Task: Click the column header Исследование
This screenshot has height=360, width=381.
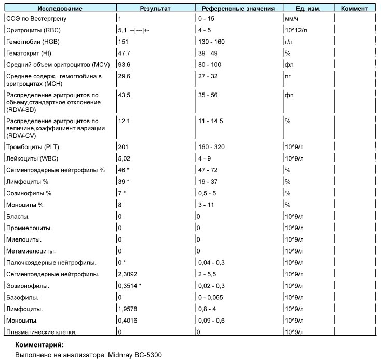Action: coord(60,9)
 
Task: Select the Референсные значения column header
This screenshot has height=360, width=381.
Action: coord(238,9)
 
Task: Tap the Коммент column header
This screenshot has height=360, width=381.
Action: coord(355,9)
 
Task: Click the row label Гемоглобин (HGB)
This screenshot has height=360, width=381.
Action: coord(33,42)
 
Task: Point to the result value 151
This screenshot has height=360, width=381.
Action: coord(123,42)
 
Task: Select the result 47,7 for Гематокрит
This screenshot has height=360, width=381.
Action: coord(124,54)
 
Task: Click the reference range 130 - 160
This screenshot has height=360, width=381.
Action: coord(211,42)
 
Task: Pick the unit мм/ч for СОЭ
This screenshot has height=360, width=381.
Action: coord(292,19)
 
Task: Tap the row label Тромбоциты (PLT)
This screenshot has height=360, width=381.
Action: coord(33,147)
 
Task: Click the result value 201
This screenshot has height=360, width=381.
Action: coord(123,147)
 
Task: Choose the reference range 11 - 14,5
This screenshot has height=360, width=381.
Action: coord(211,121)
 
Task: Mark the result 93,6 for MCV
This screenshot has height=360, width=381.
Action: coord(124,65)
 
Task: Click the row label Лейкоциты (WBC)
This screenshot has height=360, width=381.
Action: coord(32,158)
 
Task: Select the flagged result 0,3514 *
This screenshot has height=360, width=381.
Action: coord(130,286)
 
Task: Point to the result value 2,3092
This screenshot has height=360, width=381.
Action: coord(128,274)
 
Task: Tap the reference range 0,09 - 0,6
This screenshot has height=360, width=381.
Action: coord(211,321)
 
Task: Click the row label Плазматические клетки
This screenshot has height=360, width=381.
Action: coord(42,332)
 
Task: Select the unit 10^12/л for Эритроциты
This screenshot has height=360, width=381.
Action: coord(296,30)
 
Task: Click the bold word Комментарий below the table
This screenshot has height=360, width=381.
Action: coord(39,345)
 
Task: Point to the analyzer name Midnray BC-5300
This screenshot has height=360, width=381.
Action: coord(135,355)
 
